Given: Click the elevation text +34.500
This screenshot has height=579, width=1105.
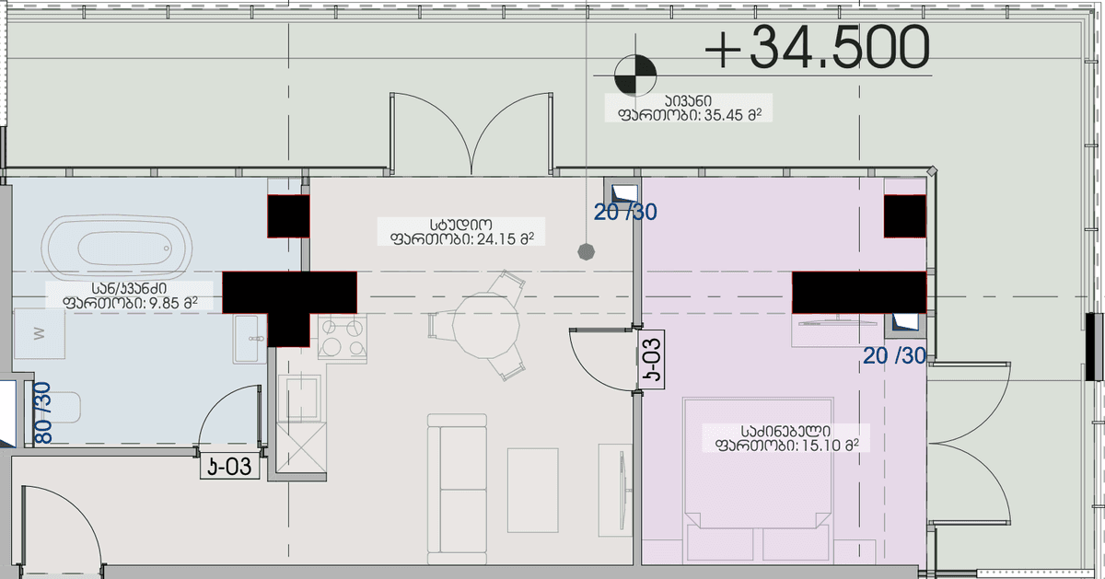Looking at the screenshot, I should click(816, 48).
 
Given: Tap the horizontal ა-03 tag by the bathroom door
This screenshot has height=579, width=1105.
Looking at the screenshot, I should click(228, 467).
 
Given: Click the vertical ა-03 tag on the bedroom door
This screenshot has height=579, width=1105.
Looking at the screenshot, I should click(652, 360).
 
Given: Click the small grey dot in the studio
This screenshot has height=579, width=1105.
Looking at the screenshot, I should click(585, 250).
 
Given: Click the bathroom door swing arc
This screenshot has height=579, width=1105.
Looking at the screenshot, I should click(226, 414).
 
